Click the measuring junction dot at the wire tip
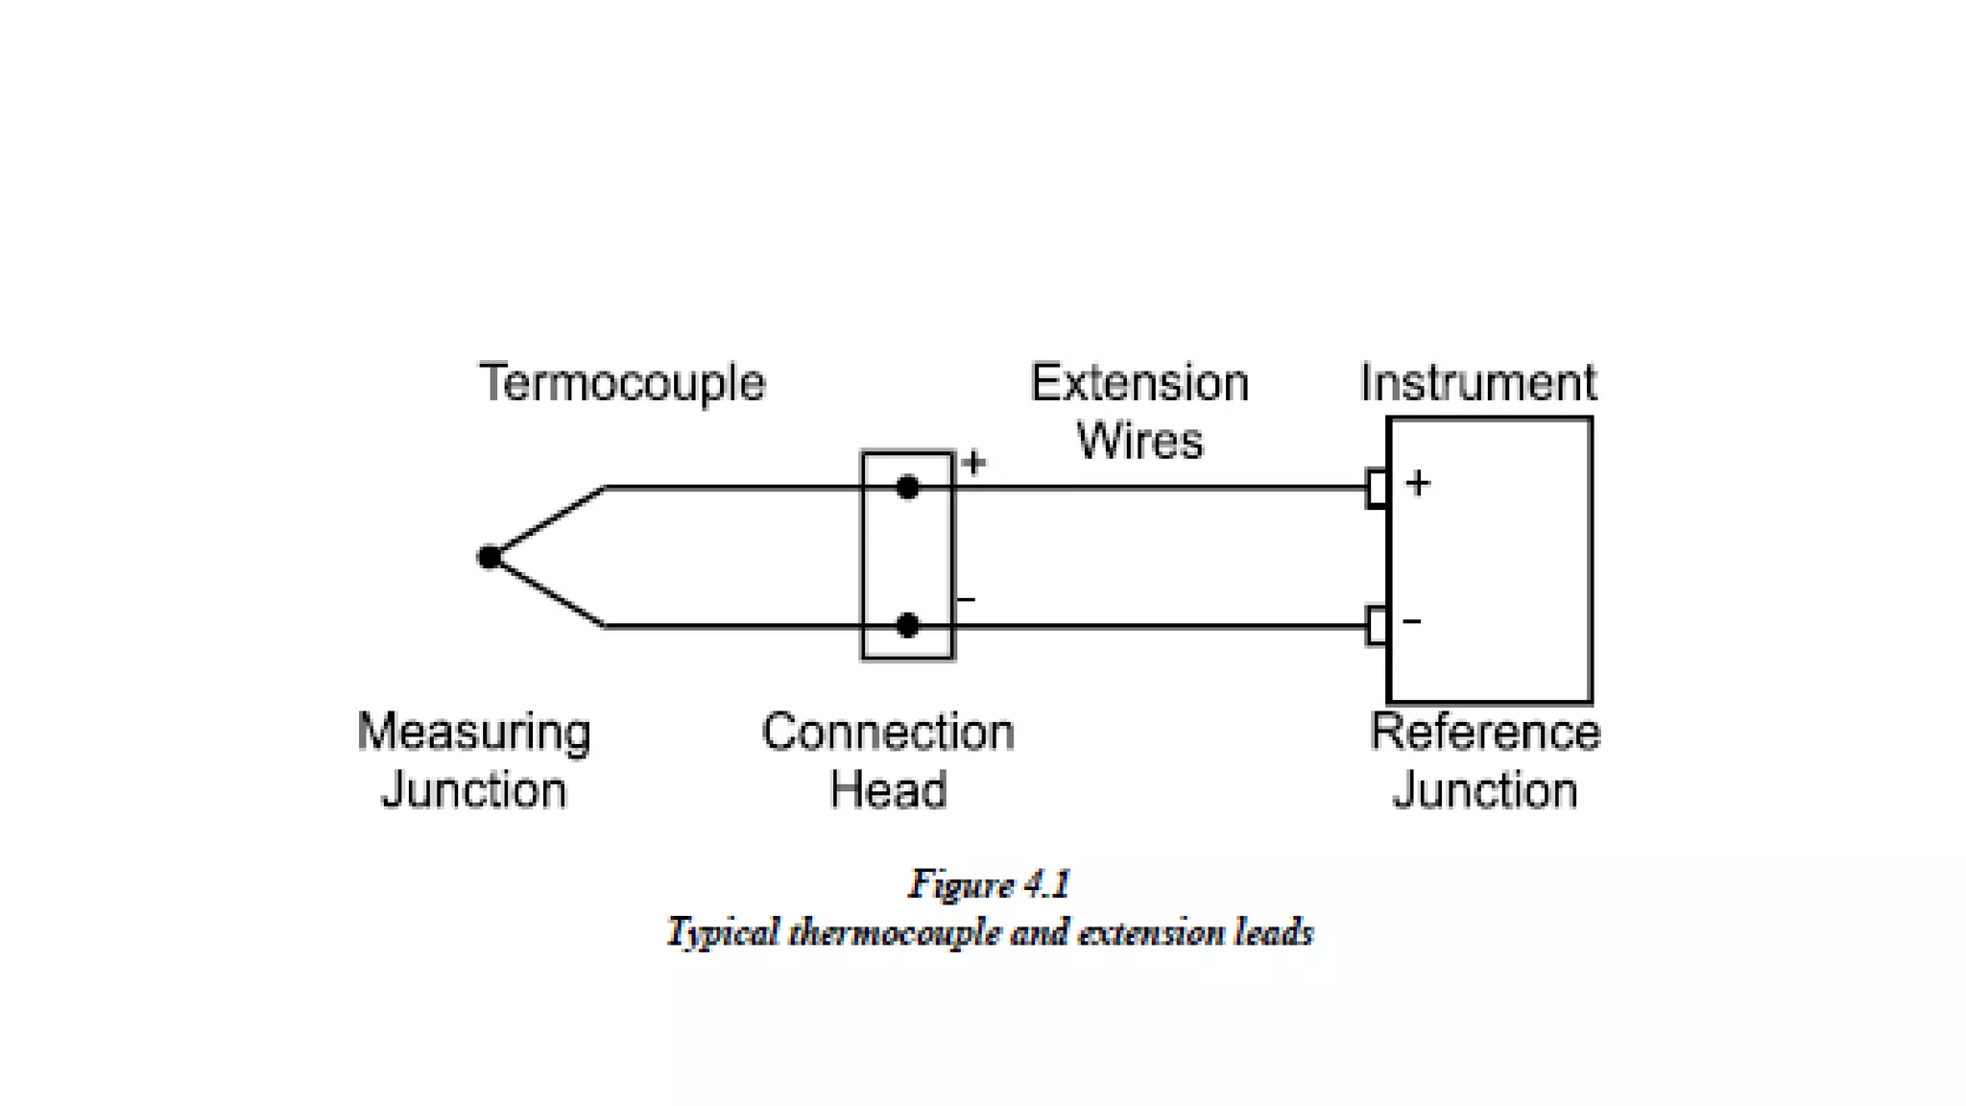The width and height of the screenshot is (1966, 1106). [x=490, y=557]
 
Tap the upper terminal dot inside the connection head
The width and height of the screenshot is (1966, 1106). [x=907, y=488]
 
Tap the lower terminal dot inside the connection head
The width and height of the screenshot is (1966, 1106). [x=907, y=626]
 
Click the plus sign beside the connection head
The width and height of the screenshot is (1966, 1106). [x=973, y=464]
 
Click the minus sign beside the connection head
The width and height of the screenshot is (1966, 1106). [x=967, y=600]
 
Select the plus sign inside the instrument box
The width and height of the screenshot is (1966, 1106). [x=1418, y=483]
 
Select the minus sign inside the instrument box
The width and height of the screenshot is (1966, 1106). [x=1412, y=622]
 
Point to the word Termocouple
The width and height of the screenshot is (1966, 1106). [x=622, y=384]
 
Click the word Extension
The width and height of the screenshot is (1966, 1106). [x=1139, y=383]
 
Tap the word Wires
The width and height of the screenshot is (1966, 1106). [x=1139, y=441]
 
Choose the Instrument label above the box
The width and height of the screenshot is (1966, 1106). [x=1478, y=383]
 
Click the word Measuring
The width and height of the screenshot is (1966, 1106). [x=473, y=732]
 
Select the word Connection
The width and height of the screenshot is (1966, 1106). [x=888, y=733]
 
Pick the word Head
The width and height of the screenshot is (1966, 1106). [x=888, y=790]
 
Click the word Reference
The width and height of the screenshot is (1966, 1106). [x=1485, y=733]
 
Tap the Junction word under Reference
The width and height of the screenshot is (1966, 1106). [x=1485, y=791]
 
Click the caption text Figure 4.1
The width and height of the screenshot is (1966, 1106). [x=989, y=884]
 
